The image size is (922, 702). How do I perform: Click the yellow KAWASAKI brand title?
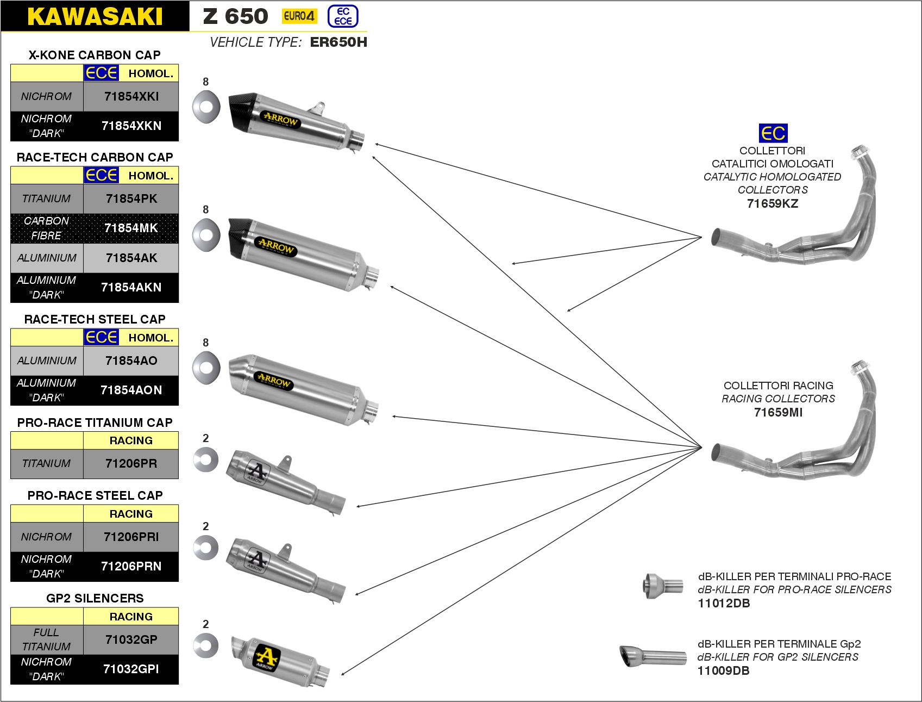(95, 16)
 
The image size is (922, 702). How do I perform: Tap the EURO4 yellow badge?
(299, 16)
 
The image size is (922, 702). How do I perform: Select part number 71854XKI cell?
(131, 97)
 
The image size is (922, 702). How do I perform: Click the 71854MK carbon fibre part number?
(131, 228)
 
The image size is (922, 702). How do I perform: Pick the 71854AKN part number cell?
(131, 287)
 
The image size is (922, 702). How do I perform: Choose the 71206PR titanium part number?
(131, 464)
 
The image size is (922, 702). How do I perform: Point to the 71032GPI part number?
(131, 669)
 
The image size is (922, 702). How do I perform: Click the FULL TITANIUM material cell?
(47, 639)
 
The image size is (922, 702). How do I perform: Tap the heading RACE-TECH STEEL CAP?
(95, 319)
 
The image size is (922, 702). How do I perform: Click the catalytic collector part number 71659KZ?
(773, 203)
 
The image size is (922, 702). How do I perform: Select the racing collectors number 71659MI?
(778, 412)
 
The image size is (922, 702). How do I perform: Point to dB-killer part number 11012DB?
(724, 603)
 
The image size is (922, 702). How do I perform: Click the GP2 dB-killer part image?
(653, 656)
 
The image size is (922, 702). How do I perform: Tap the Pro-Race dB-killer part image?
(663, 586)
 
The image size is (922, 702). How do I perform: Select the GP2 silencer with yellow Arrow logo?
(280, 661)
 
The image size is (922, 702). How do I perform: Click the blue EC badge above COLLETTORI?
(773, 133)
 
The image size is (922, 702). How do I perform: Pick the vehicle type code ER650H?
(338, 42)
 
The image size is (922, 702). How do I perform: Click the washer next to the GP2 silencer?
(206, 645)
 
